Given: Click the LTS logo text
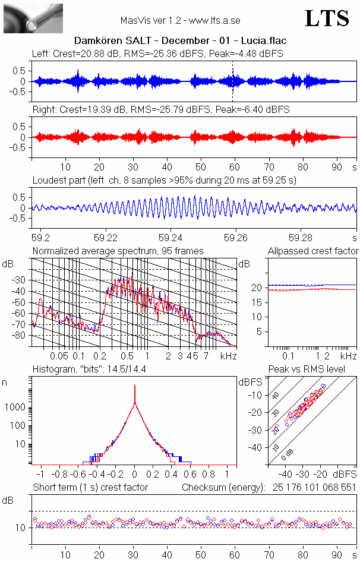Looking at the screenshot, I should (327, 19).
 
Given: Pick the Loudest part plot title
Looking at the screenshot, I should (164, 180).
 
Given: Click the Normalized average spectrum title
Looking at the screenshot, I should (118, 251).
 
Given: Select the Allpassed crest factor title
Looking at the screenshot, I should (313, 251).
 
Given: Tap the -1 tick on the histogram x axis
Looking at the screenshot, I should (40, 475).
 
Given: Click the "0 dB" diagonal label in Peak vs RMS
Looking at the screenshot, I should (288, 454).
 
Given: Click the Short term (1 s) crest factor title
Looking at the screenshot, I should (90, 488).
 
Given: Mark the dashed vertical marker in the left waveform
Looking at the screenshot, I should (233, 81).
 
